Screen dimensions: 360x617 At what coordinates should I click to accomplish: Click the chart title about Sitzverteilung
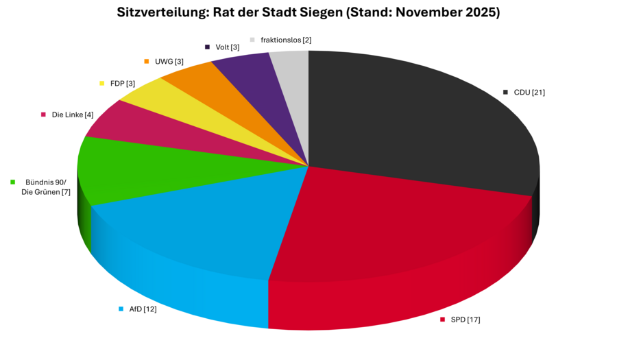point(308,12)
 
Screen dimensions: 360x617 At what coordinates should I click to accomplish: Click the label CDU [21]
point(529,92)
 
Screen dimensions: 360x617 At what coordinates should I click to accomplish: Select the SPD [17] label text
point(465,320)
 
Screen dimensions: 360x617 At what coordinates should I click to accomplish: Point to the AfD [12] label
point(143,309)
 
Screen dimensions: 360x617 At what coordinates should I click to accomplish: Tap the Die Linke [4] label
point(73,115)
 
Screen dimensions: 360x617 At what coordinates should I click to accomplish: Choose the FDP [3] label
point(123,84)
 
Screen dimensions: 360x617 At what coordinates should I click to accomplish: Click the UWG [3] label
point(169,62)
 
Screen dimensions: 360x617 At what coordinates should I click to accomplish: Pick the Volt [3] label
point(227,47)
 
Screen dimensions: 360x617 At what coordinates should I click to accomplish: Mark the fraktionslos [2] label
point(286,40)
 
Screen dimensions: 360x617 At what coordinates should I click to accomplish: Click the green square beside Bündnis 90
point(13,182)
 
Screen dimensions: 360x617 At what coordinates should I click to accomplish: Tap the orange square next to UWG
point(147,62)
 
